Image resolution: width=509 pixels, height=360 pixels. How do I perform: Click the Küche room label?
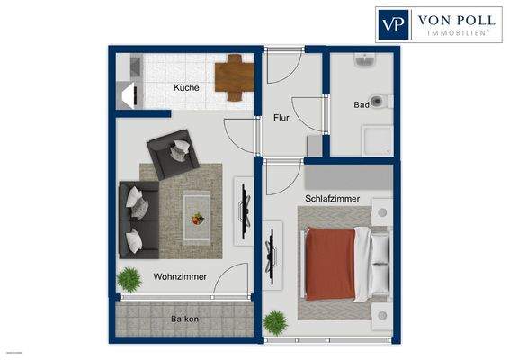pyautogui.click(x=186, y=88)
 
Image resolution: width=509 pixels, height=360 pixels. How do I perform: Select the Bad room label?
pyautogui.click(x=362, y=105)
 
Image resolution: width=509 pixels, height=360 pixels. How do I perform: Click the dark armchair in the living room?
pyautogui.click(x=173, y=153)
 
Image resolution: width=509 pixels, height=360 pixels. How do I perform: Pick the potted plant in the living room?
pyautogui.click(x=130, y=279)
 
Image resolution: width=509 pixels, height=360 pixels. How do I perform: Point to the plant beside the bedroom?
pyautogui.click(x=274, y=321)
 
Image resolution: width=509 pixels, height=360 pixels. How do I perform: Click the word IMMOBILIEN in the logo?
pyautogui.click(x=451, y=32)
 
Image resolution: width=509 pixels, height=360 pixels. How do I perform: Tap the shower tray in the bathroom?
pyautogui.click(x=377, y=139)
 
